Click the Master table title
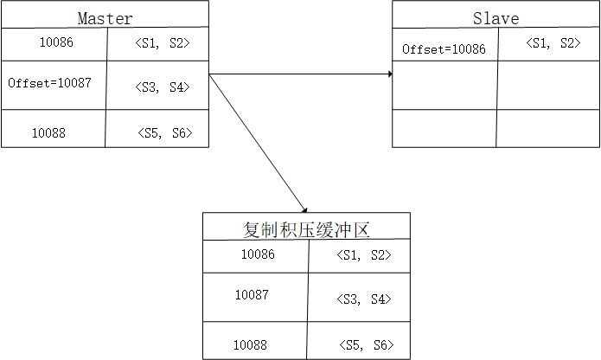click(105, 17)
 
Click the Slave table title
click(496, 17)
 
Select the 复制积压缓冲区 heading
click(307, 229)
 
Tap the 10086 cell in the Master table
click(57, 42)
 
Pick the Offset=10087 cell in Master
click(49, 83)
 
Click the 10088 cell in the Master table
click(48, 133)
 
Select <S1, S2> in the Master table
click(163, 42)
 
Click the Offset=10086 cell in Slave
click(444, 49)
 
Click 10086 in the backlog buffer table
click(258, 254)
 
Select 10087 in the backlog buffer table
click(252, 295)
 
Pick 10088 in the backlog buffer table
click(250, 345)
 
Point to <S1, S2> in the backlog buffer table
click(363, 255)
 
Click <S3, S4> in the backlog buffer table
click(363, 299)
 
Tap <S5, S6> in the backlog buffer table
click(364, 345)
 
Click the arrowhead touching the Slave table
click(390, 74)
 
